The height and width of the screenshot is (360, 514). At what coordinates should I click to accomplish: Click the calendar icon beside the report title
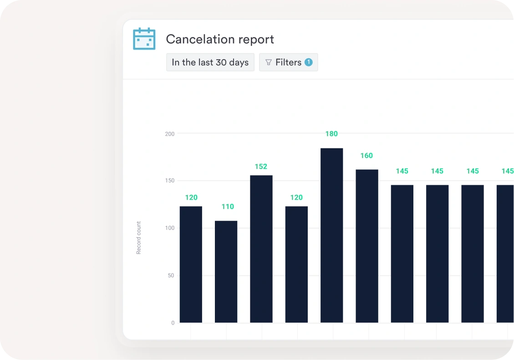(x=144, y=39)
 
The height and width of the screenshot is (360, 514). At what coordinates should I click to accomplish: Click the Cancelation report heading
(x=220, y=39)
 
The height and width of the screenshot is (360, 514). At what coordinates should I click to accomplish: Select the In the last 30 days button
(x=210, y=62)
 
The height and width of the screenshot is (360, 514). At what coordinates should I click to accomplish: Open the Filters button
(x=288, y=62)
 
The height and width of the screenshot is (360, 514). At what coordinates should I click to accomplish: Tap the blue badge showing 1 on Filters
(x=309, y=62)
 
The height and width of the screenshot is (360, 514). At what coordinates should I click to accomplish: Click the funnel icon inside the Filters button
(x=269, y=62)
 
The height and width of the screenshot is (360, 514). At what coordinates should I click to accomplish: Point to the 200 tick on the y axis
(x=170, y=134)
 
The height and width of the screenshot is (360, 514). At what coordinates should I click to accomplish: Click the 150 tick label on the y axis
(x=170, y=181)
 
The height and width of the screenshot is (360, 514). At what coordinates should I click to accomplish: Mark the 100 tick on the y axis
(x=170, y=228)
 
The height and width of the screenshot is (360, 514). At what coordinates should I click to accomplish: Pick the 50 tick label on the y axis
(x=171, y=275)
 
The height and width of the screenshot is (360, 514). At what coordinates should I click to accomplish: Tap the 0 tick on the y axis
(x=173, y=323)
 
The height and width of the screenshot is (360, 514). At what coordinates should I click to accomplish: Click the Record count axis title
(x=139, y=238)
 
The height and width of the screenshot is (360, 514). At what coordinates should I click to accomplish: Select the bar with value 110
(x=226, y=272)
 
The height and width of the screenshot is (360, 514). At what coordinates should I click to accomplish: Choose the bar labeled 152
(x=261, y=249)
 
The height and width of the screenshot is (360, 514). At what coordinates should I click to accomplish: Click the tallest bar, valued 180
(x=331, y=235)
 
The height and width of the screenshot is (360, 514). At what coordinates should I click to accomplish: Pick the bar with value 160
(x=367, y=246)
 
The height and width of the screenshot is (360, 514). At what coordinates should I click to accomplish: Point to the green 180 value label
(x=331, y=134)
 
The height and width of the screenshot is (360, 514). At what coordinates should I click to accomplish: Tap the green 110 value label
(x=228, y=207)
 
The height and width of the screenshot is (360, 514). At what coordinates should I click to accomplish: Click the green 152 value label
(x=261, y=167)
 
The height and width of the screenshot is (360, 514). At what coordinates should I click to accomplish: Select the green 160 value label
(x=366, y=156)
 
